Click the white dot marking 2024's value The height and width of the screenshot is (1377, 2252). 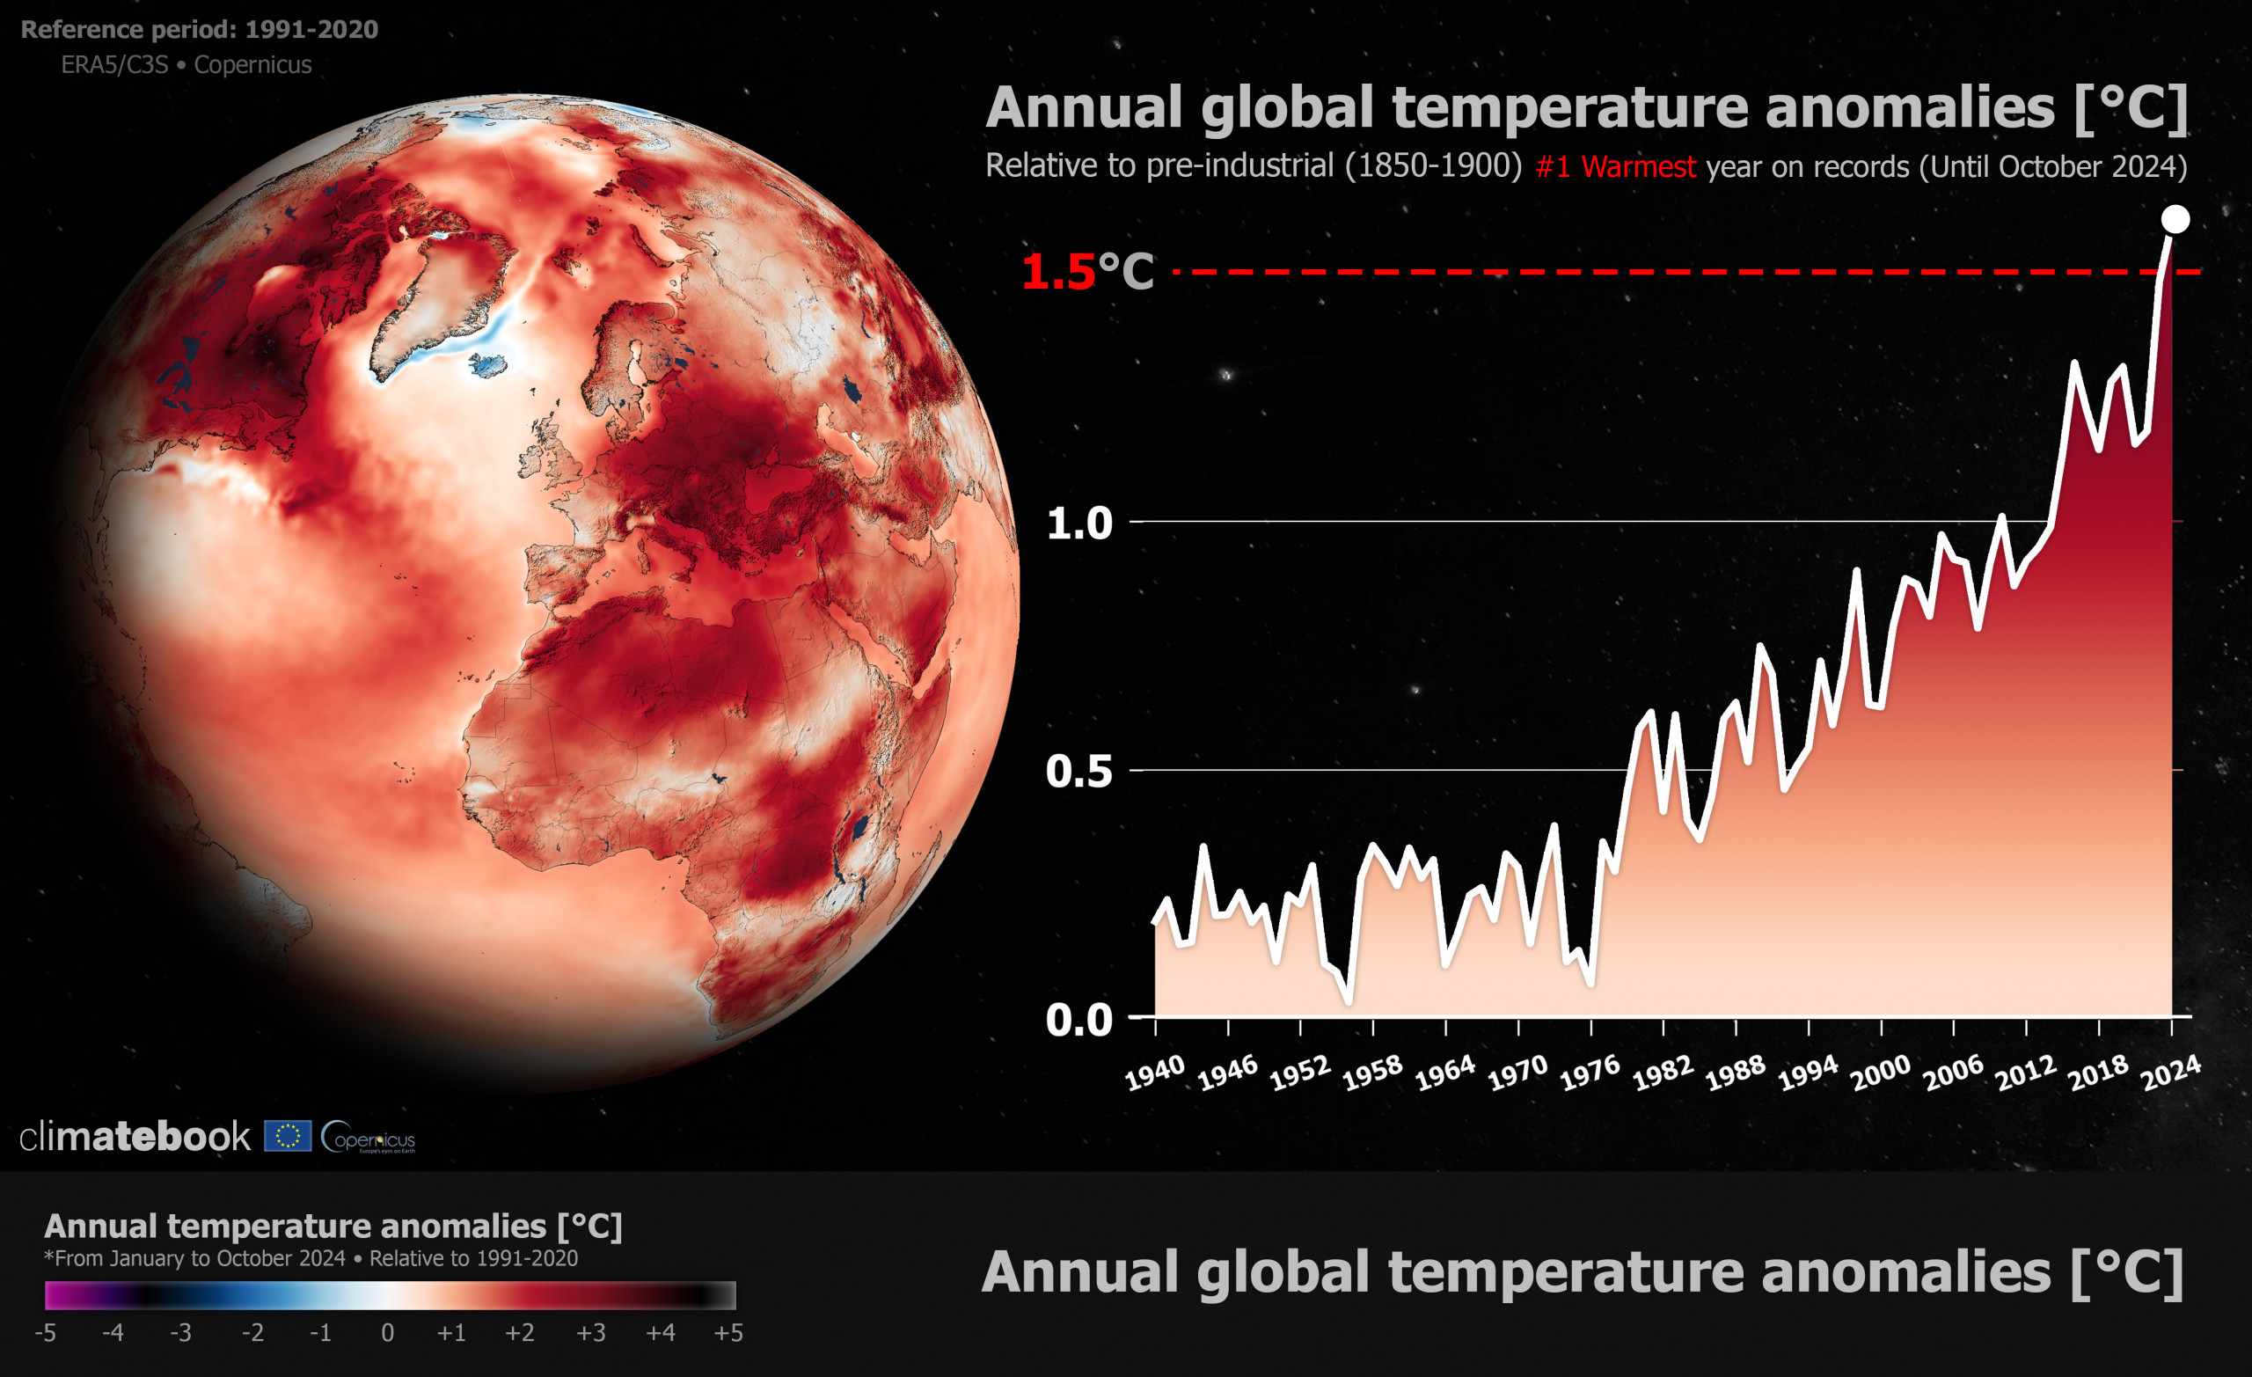pyautogui.click(x=2175, y=219)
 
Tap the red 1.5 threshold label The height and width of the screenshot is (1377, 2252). pyautogui.click(x=1057, y=272)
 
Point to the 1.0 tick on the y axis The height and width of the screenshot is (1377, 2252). pyautogui.click(x=1079, y=523)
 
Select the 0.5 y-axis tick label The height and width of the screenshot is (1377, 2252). pyautogui.click(x=1079, y=772)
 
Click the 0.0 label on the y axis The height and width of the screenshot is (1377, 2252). pyautogui.click(x=1079, y=1020)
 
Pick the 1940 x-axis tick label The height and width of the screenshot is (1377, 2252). pyautogui.click(x=1155, y=1073)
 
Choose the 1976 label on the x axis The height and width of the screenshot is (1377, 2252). pyautogui.click(x=1590, y=1073)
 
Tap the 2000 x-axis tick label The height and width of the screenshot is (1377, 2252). pyautogui.click(x=1880, y=1073)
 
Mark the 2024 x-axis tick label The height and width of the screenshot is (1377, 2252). pyautogui.click(x=2171, y=1073)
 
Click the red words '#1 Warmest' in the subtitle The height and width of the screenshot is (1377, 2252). pyautogui.click(x=1615, y=166)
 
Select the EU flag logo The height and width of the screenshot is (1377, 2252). pyautogui.click(x=288, y=1137)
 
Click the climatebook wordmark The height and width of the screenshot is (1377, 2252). pyautogui.click(x=135, y=1137)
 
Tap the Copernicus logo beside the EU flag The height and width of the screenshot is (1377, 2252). pyautogui.click(x=369, y=1138)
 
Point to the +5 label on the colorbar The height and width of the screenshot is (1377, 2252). pyautogui.click(x=728, y=1333)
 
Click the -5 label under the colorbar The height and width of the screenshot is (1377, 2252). pyautogui.click(x=45, y=1333)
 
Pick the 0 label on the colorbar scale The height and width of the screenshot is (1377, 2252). pyautogui.click(x=388, y=1333)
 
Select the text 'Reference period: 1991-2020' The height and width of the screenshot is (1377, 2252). pyautogui.click(x=199, y=29)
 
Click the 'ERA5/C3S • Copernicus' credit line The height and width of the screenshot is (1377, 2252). pyautogui.click(x=186, y=65)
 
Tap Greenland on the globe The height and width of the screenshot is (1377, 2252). pyautogui.click(x=439, y=293)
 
